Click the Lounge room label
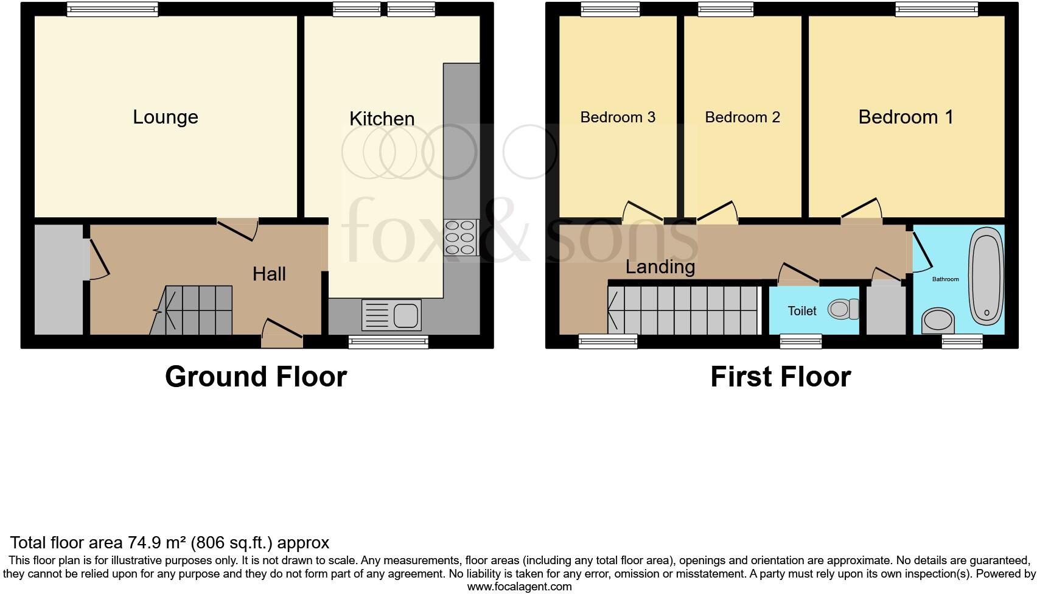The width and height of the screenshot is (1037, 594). pos(166,117)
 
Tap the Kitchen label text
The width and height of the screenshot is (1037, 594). pos(382,119)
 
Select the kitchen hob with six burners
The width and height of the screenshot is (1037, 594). pos(461,237)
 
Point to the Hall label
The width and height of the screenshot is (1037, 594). pos(269,274)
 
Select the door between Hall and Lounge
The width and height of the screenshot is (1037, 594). pos(237,228)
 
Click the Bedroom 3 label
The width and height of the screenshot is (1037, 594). pos(617,117)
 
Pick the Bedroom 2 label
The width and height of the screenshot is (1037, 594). pos(742,117)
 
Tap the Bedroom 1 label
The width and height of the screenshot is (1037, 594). pos(906,117)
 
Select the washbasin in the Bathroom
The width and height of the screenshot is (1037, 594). pos(938,321)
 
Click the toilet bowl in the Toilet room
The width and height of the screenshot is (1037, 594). pos(842,310)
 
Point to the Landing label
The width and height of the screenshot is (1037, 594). pos(660,267)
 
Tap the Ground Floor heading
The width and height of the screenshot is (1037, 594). pos(256,377)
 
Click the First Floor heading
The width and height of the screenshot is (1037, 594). pos(780,377)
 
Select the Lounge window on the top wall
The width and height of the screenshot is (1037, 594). pos(113,9)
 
